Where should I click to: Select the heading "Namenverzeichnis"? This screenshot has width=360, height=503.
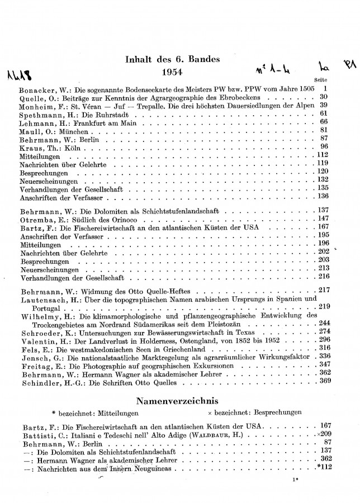179,401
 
